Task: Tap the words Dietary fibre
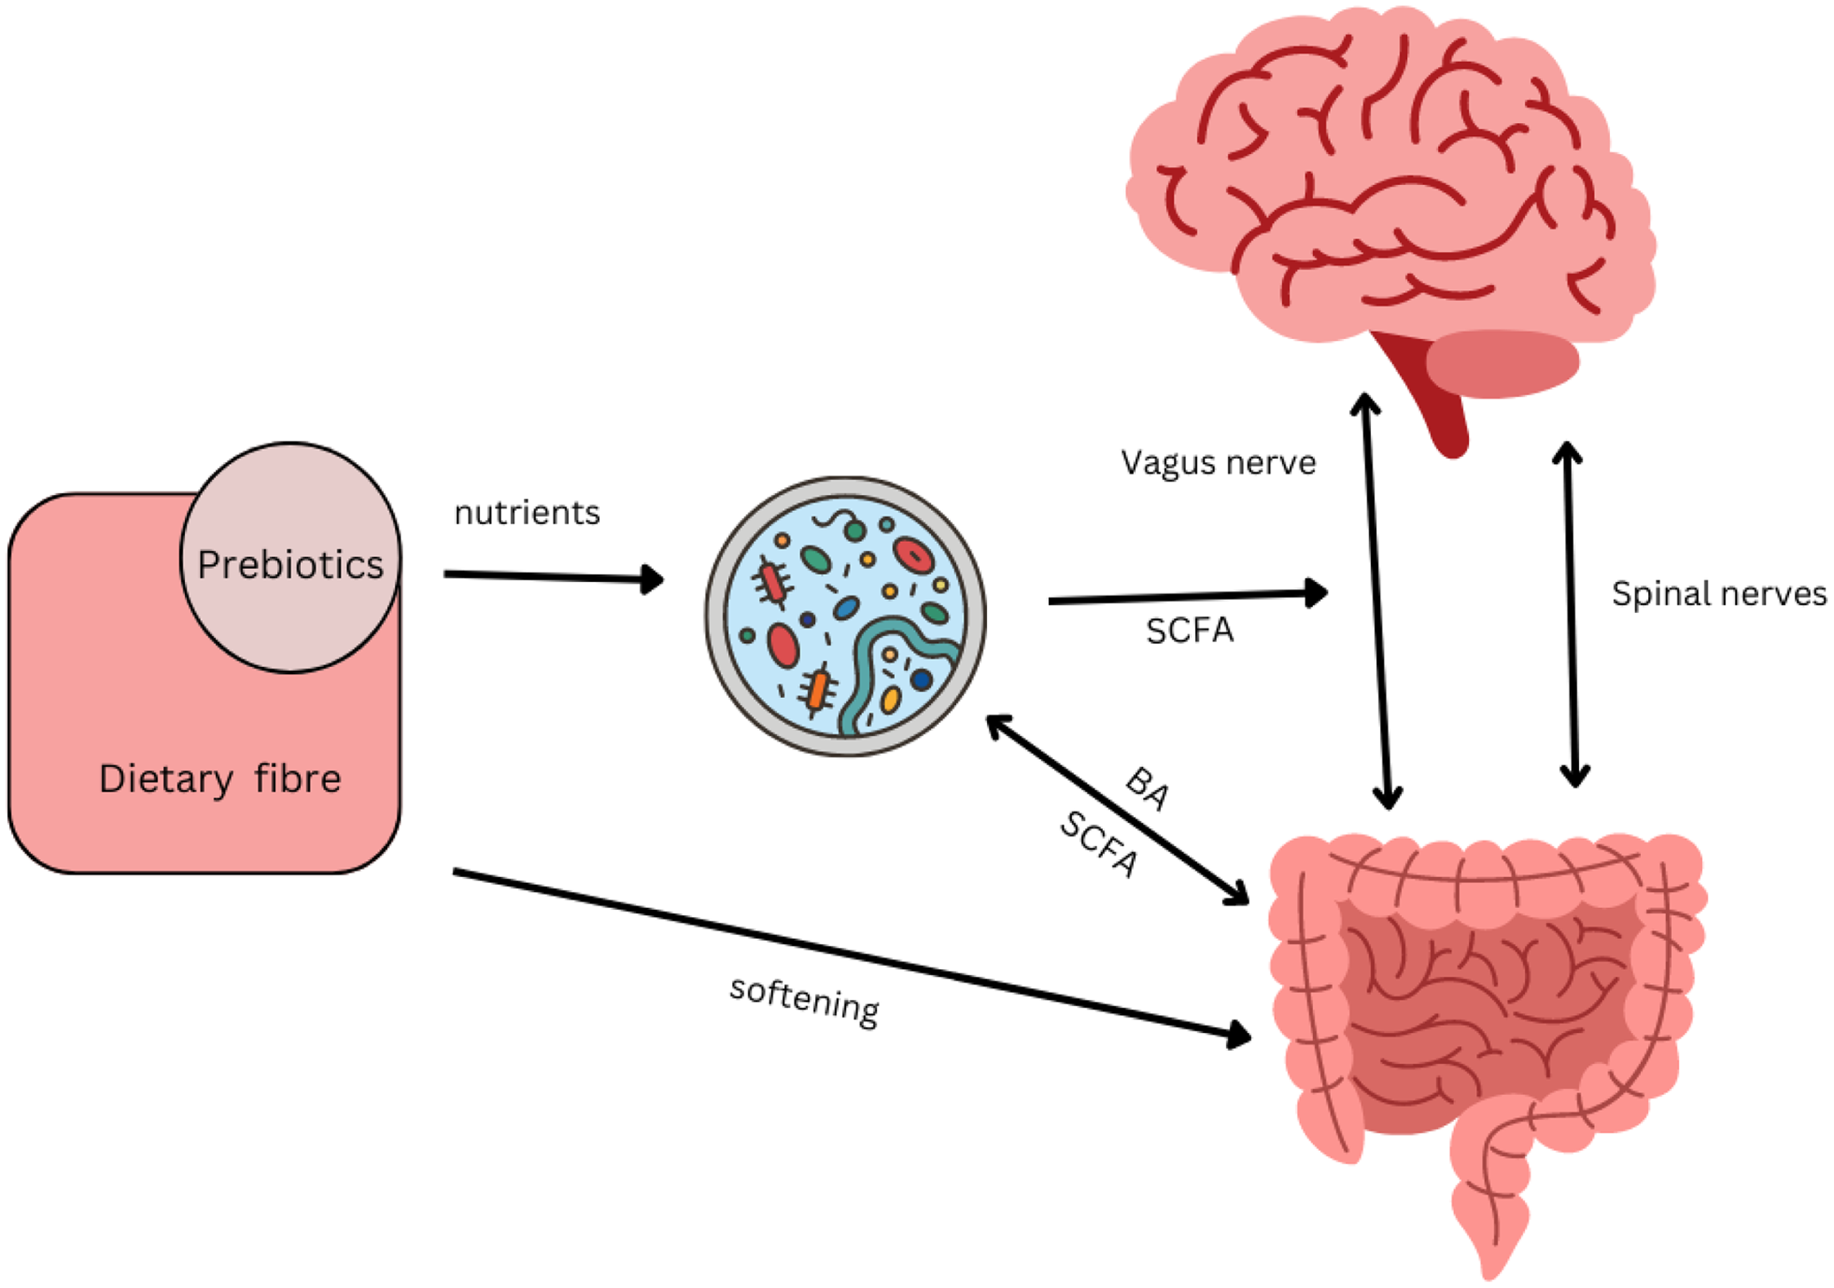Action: [x=220, y=779]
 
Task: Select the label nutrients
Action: [x=527, y=514]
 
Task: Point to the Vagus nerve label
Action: [x=1218, y=463]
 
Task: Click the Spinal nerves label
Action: [x=1718, y=593]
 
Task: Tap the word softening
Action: [x=804, y=1001]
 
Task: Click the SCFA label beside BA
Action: [x=1098, y=845]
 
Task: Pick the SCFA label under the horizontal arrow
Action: [x=1189, y=631]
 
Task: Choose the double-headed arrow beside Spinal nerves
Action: [x=1571, y=615]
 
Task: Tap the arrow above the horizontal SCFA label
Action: [x=1187, y=598]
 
